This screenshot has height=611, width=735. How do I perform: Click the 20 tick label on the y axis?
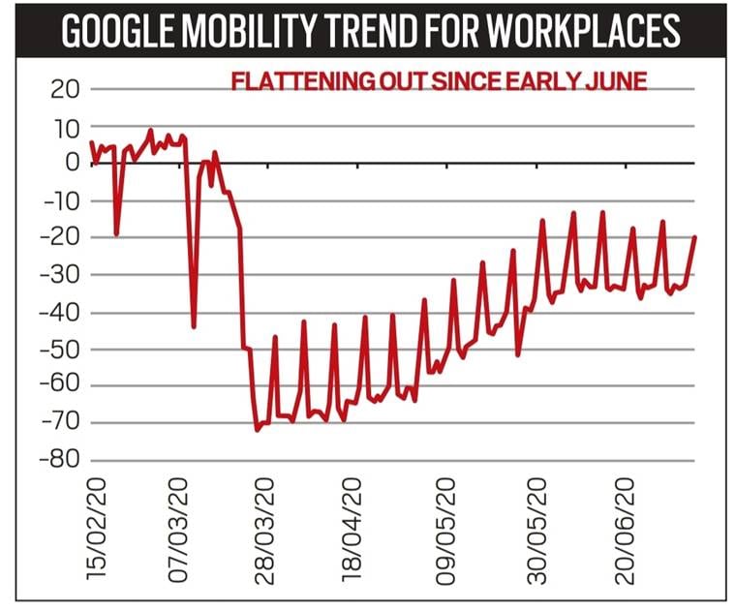(61, 89)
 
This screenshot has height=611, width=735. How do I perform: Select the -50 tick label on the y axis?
(56, 349)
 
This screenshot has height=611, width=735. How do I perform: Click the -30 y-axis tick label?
(56, 274)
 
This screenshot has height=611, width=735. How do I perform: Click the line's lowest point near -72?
(257, 429)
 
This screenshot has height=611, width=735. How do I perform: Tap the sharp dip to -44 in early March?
(193, 326)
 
